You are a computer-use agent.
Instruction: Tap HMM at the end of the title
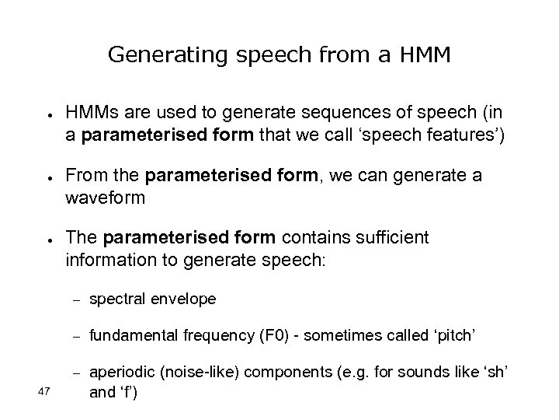(x=426, y=54)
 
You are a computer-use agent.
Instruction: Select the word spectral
(x=116, y=299)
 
